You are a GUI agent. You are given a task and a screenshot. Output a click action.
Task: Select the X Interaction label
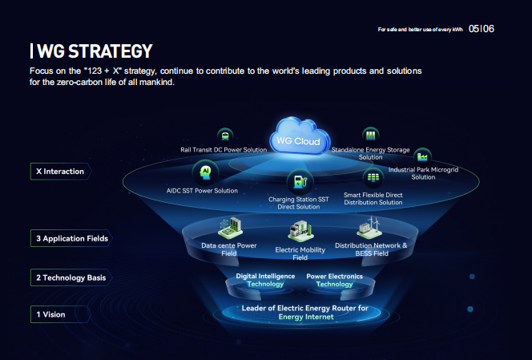coord(60,171)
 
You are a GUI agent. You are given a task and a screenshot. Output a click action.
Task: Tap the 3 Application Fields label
coord(71,238)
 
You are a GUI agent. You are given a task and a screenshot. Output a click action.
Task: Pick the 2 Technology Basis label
coord(71,277)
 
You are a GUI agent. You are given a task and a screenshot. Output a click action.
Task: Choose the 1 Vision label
coord(50,314)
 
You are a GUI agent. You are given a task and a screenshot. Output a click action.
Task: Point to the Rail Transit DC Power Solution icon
coord(225,136)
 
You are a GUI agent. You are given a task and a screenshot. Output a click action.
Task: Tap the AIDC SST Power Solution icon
coord(204,172)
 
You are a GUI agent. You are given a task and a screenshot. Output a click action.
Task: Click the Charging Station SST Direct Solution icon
coord(297,181)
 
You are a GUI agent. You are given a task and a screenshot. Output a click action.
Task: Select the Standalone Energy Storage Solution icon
coord(370,135)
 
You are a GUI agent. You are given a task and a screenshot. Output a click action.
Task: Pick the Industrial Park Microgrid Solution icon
coord(423,156)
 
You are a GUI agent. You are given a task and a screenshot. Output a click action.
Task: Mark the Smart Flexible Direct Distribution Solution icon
coord(373,177)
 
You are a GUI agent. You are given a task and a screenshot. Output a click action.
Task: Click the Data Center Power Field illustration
coord(229,228)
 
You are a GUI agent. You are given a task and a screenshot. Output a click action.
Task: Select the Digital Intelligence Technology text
coord(265,280)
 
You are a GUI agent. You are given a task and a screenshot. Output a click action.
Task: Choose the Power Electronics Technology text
coord(334,280)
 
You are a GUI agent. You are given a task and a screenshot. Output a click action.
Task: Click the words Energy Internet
coord(305,317)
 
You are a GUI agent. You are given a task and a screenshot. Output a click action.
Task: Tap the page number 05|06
coord(482,28)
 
